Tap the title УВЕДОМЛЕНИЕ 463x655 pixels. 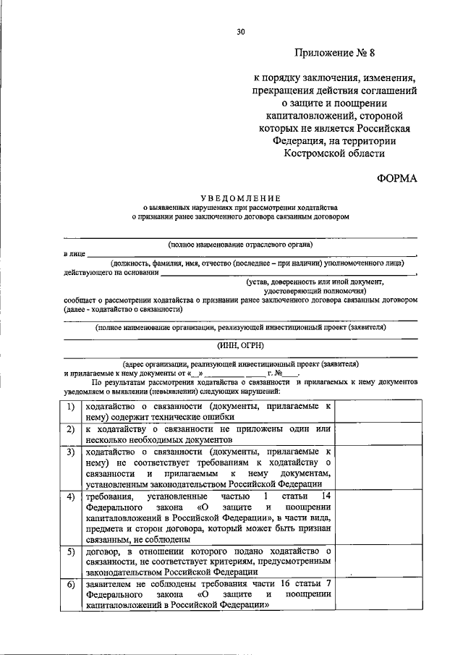[x=240, y=197]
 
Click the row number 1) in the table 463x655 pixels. [x=71, y=407]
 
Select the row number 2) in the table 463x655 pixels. [x=71, y=430]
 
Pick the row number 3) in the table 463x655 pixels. [x=71, y=452]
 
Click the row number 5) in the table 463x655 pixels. [x=71, y=552]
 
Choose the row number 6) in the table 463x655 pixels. [x=71, y=585]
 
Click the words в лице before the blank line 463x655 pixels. [x=75, y=255]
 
